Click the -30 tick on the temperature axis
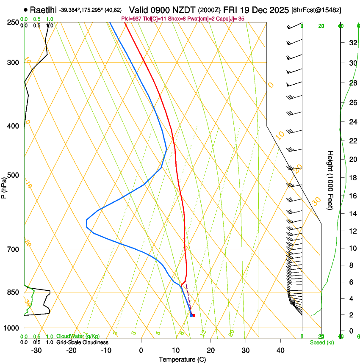pyautogui.click(x=36, y=350)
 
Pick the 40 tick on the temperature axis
pyautogui.click(x=280, y=350)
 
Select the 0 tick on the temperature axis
pyautogui.click(x=141, y=350)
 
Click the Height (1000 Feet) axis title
pyautogui.click(x=331, y=180)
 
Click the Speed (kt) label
pyautogui.click(x=322, y=342)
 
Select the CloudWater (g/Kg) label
pyautogui.click(x=78, y=336)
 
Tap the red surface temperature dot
pyautogui.click(x=194, y=315)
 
